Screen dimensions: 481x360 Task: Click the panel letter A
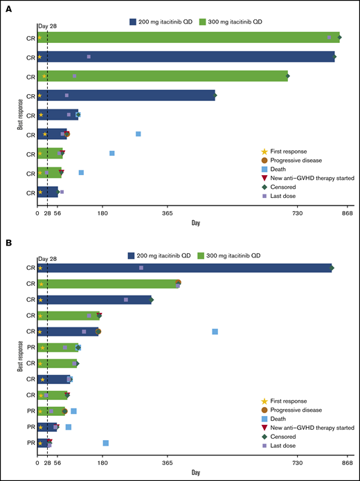point(8,8)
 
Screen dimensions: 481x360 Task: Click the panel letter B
point(8,243)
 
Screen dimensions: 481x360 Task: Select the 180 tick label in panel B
point(102,464)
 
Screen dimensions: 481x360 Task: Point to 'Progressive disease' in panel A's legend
point(298,160)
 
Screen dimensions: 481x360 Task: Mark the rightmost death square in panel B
point(215,332)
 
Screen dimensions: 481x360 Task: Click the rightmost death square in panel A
point(138,134)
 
